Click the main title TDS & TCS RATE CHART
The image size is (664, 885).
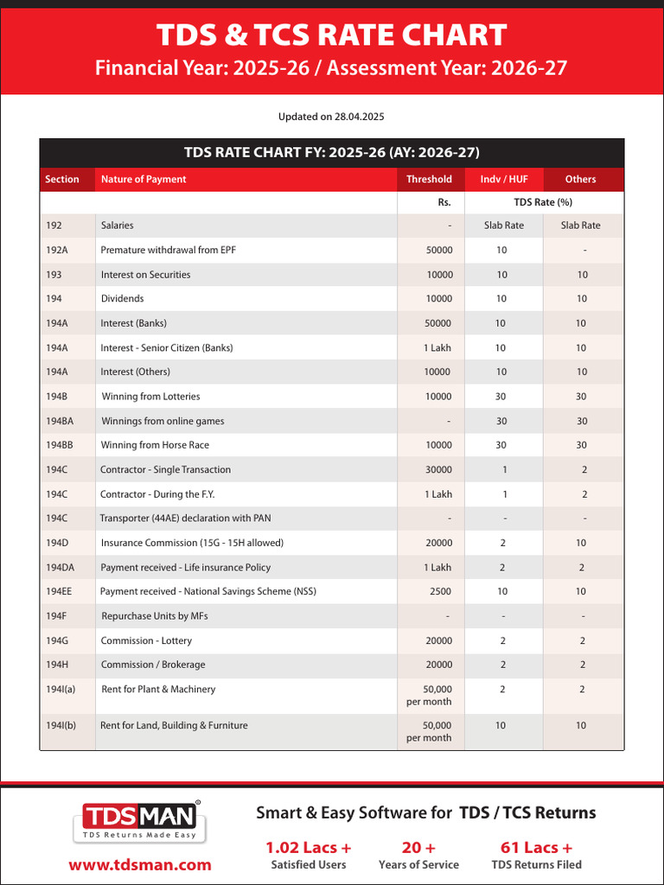pyautogui.click(x=331, y=35)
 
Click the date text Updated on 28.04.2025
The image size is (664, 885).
pyautogui.click(x=332, y=117)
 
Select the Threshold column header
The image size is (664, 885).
pyautogui.click(x=429, y=179)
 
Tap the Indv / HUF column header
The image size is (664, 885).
pyautogui.click(x=503, y=179)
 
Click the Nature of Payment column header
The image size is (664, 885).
pyautogui.click(x=144, y=179)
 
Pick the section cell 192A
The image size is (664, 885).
pyautogui.click(x=56, y=250)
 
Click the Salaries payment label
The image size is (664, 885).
pyautogui.click(x=118, y=226)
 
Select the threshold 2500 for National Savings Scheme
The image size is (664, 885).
pyautogui.click(x=440, y=592)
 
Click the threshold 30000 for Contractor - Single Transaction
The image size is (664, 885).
pyautogui.click(x=437, y=470)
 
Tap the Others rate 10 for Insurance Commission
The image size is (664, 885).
pyautogui.click(x=581, y=543)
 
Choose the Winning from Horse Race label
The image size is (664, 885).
pyautogui.click(x=155, y=445)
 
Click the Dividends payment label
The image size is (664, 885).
pyautogui.click(x=123, y=299)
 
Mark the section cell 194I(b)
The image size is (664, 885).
pyautogui.click(x=61, y=725)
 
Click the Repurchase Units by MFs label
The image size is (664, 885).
pyautogui.click(x=155, y=616)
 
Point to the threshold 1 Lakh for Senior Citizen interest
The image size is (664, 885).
pyautogui.click(x=437, y=347)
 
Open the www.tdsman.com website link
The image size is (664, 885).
pyautogui.click(x=140, y=864)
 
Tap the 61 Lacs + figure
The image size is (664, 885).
pyautogui.click(x=536, y=847)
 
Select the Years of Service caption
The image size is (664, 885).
pyautogui.click(x=418, y=864)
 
